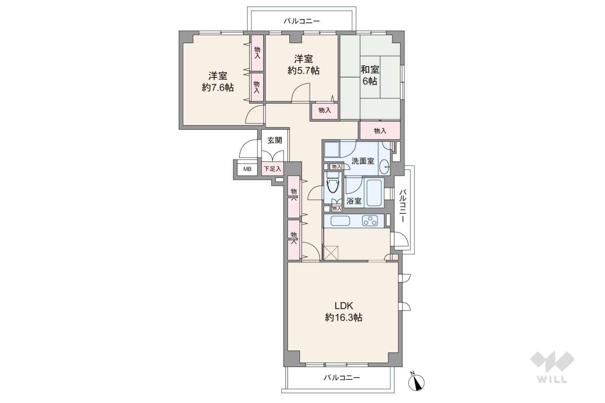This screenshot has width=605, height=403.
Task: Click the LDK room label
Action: click(x=344, y=306)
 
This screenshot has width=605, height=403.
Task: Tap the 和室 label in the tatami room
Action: click(x=370, y=69)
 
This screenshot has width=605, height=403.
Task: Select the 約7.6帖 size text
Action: click(x=218, y=88)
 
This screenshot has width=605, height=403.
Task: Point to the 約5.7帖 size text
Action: click(x=303, y=71)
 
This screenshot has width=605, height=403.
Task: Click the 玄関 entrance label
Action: click(x=275, y=140)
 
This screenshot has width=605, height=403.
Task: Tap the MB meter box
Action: click(x=247, y=169)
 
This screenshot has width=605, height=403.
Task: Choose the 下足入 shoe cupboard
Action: click(x=272, y=169)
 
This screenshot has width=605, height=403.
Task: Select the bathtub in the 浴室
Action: click(x=374, y=192)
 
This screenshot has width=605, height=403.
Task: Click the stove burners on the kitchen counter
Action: click(x=370, y=220)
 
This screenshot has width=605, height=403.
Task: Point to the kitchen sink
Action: click(x=340, y=220)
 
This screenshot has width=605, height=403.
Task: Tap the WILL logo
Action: click(x=552, y=367)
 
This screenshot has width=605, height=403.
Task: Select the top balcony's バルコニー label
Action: click(x=302, y=21)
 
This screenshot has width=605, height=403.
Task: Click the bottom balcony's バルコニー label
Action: click(x=342, y=377)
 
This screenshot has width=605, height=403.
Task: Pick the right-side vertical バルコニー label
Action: click(x=403, y=206)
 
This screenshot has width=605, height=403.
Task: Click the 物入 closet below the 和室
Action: click(x=380, y=131)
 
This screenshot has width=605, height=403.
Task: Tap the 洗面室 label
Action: click(x=363, y=161)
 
